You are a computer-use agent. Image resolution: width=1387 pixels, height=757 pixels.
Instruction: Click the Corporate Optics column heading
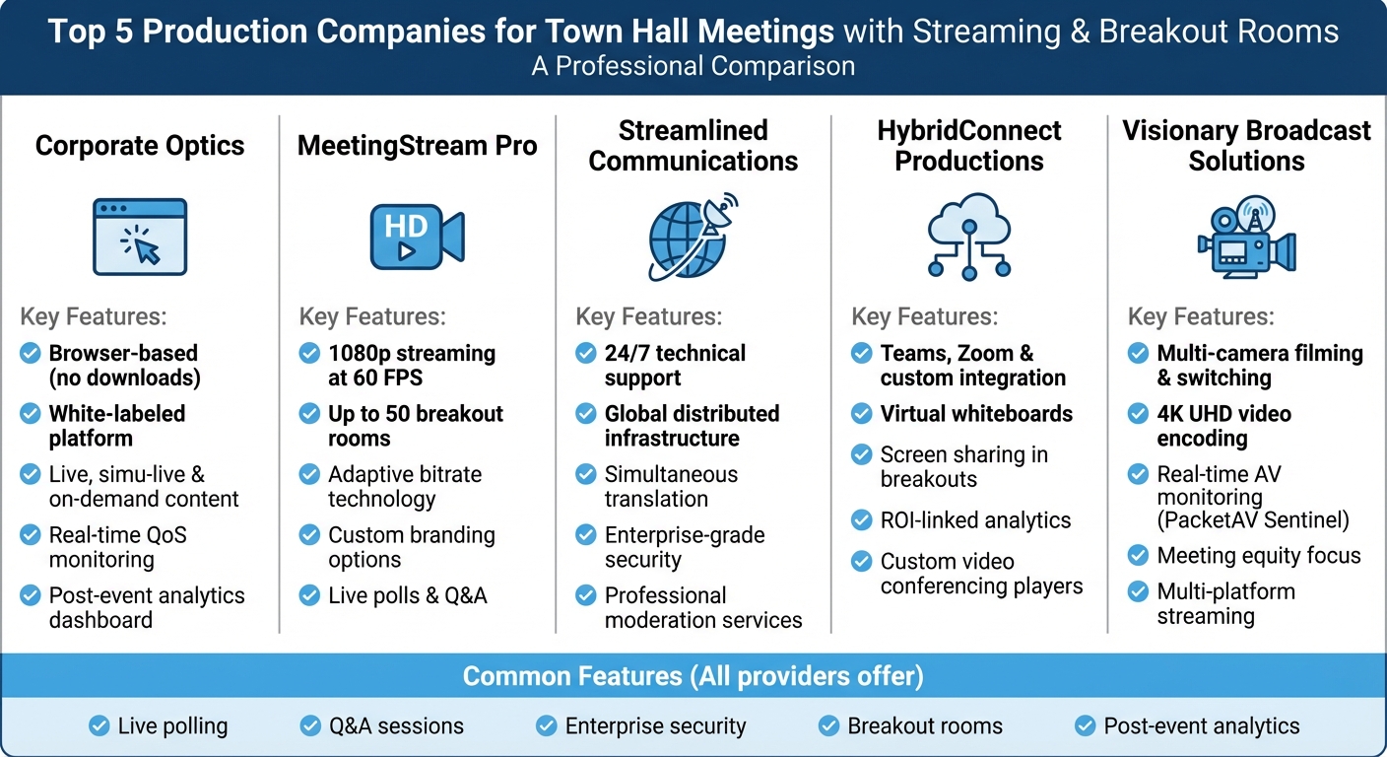coord(140,146)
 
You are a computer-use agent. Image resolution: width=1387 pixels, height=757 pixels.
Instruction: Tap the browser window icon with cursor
coord(140,237)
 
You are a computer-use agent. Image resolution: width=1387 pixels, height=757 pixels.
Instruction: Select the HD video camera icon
coord(417,237)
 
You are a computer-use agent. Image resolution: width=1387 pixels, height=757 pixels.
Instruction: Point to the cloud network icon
coord(969,237)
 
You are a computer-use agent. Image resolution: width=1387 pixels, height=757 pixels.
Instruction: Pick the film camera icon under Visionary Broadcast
coord(1246,237)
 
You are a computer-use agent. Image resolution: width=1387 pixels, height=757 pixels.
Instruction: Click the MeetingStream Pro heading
coord(418,146)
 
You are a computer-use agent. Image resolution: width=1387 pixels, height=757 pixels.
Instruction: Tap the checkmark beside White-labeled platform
coord(31,414)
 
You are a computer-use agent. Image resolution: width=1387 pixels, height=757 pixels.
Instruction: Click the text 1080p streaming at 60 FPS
coord(412,365)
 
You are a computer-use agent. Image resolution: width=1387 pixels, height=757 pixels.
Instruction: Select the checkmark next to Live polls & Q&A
coord(310,595)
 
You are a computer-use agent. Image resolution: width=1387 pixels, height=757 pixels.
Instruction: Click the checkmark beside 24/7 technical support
coord(586,353)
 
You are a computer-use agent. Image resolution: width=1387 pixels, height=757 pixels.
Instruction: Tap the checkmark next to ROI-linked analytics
coord(862,520)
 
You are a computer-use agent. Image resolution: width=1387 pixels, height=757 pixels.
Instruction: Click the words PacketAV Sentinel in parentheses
coord(1253,520)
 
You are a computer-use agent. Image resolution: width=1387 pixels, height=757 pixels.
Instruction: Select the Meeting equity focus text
coord(1259,556)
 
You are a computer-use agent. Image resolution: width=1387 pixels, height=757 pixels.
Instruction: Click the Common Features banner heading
coord(693,676)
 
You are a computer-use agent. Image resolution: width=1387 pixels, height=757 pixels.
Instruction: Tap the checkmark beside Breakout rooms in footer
coord(829,726)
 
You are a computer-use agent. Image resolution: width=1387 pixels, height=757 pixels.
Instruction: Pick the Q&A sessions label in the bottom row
coord(396,726)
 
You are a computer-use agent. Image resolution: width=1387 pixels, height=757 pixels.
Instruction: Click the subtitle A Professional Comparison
coord(693,66)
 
